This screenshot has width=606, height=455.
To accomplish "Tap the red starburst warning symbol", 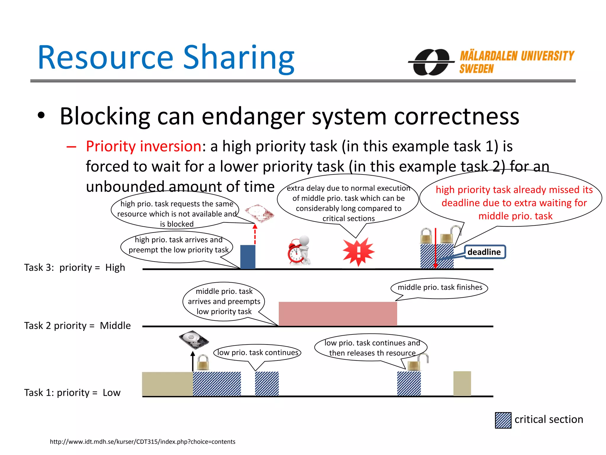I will (x=358, y=251).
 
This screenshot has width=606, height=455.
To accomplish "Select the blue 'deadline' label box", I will (x=484, y=252).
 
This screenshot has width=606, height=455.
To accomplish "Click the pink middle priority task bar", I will (x=338, y=314).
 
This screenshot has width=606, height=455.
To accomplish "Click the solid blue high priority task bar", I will (x=248, y=257).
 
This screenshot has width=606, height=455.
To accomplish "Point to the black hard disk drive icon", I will (x=194, y=339).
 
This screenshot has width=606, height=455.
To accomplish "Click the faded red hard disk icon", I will (x=259, y=213).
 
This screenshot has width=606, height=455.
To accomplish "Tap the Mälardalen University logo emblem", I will (x=431, y=62).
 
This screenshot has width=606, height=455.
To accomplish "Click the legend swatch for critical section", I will (x=503, y=420).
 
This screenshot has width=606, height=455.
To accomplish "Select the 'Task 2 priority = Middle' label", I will (x=77, y=326).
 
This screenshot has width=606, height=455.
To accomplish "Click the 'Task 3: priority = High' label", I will (x=75, y=267).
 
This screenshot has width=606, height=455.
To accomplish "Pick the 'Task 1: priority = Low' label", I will (x=72, y=392).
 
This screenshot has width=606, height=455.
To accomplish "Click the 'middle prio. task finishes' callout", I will (x=440, y=287).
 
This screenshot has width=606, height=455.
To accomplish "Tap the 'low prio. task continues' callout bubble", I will (x=257, y=353).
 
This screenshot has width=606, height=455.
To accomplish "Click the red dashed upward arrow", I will (x=255, y=234).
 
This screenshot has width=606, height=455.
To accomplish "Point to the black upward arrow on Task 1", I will (x=193, y=361).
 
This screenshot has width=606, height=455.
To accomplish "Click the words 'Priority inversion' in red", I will (x=144, y=146).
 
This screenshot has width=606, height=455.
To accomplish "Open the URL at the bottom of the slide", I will (x=143, y=442).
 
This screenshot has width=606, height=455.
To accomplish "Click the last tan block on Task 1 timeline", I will (x=462, y=384).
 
